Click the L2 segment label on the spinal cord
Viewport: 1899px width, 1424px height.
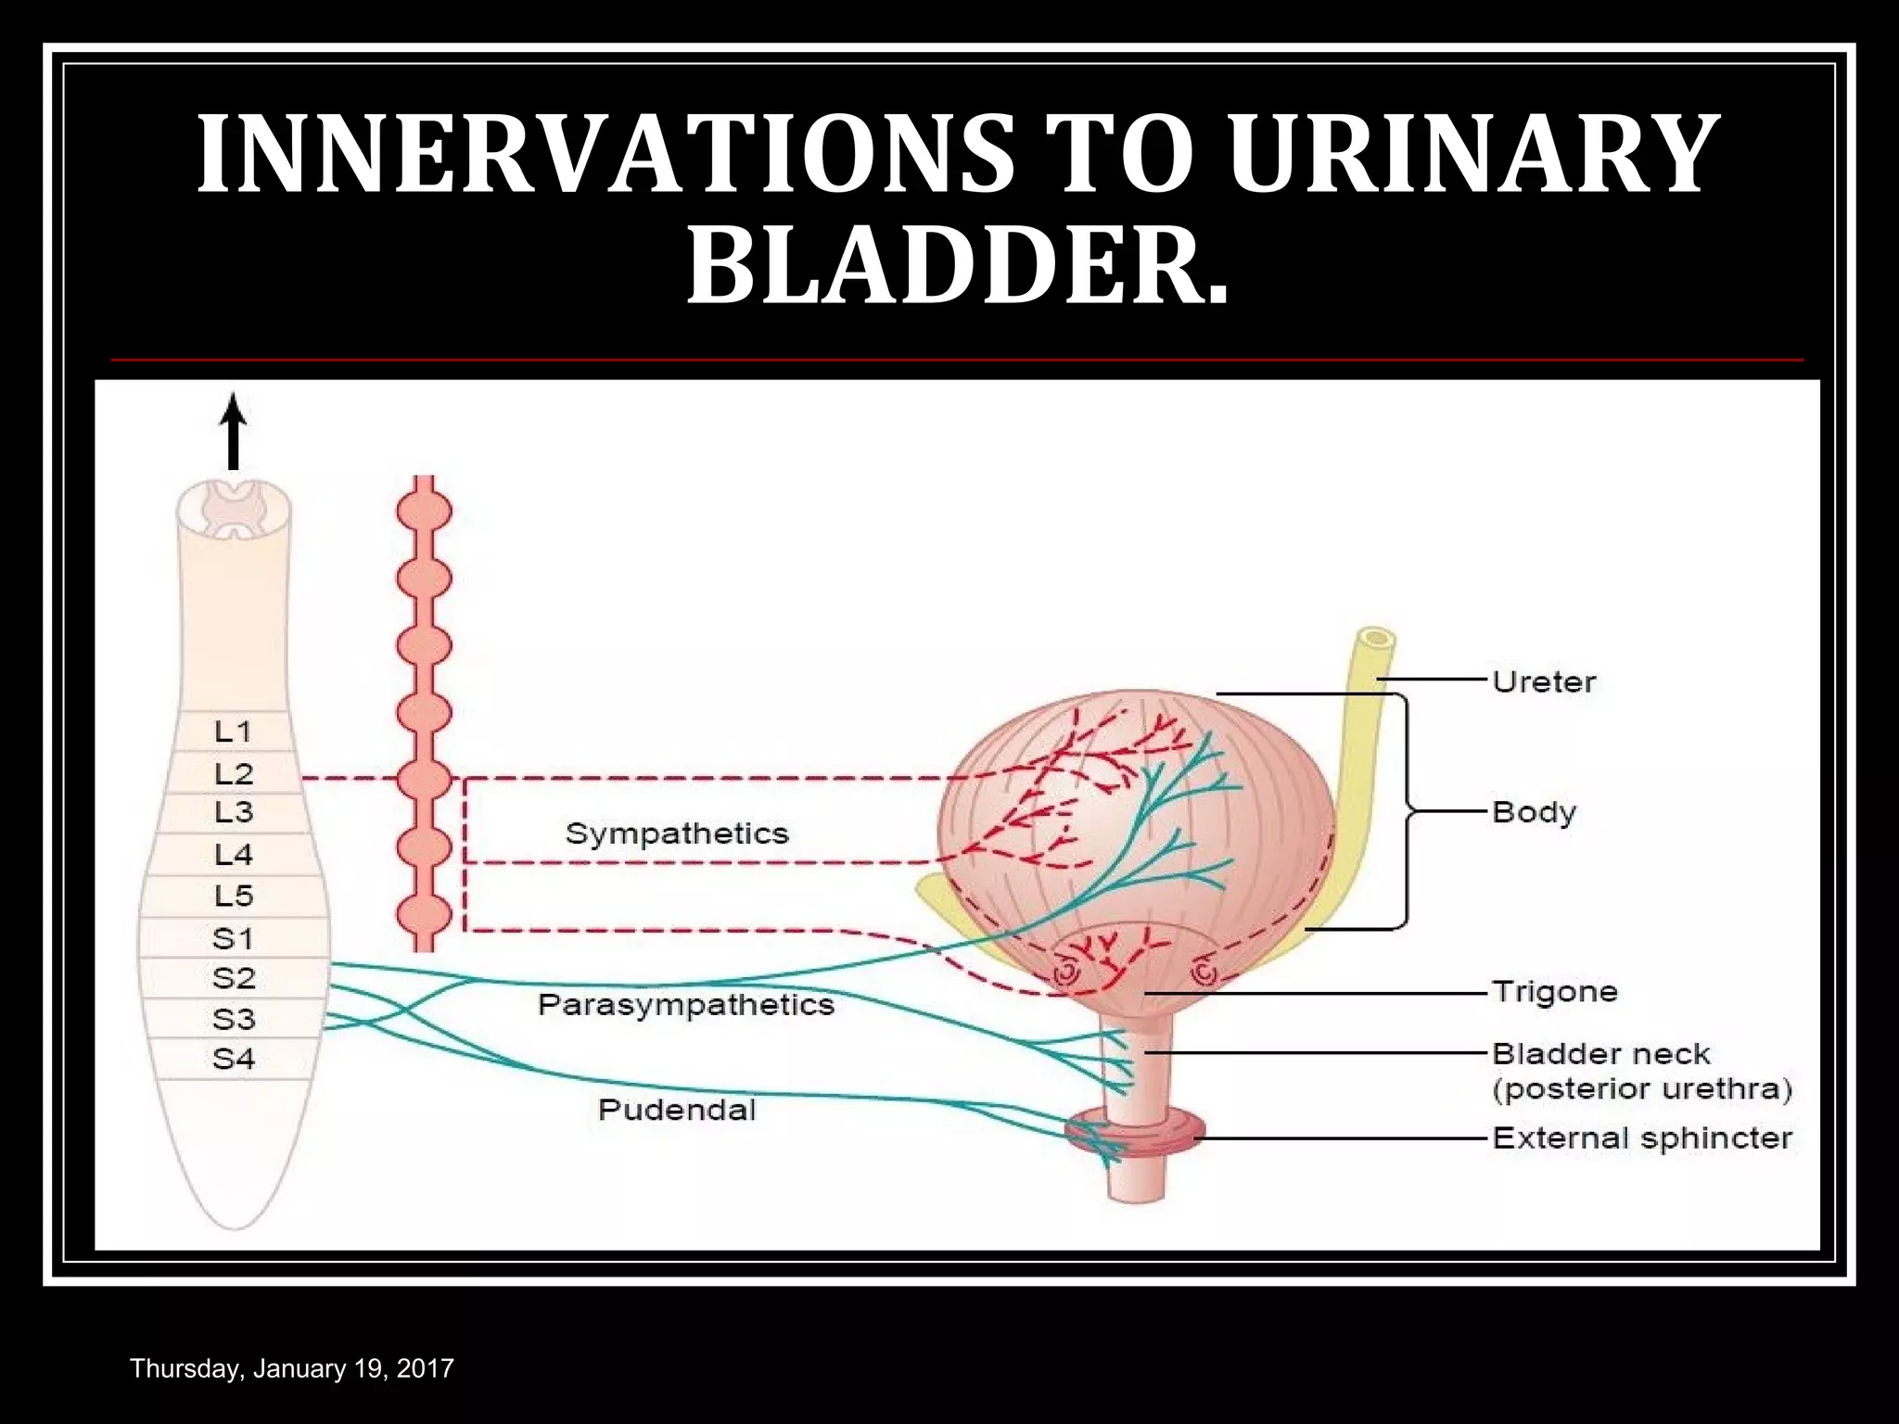(234, 773)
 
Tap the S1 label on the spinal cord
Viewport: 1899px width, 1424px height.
(234, 938)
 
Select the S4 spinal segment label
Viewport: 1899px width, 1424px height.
(234, 1058)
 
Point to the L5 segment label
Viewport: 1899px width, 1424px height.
(234, 896)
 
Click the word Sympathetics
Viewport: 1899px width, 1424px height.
(677, 833)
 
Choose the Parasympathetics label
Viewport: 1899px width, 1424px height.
(686, 1005)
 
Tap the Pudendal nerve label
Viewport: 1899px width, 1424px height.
(677, 1110)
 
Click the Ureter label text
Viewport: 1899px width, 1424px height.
(1544, 682)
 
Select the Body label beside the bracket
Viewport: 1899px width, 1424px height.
(1534, 812)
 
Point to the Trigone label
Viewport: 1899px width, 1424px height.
(1555, 991)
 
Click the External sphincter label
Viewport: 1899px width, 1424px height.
(1642, 1138)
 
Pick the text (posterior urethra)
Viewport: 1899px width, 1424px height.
(1642, 1088)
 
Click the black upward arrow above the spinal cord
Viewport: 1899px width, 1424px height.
(234, 431)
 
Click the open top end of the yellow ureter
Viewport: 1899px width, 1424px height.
(1377, 639)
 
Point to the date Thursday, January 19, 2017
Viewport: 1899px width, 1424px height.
(292, 1368)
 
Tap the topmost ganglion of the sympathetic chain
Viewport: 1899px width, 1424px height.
(424, 511)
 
